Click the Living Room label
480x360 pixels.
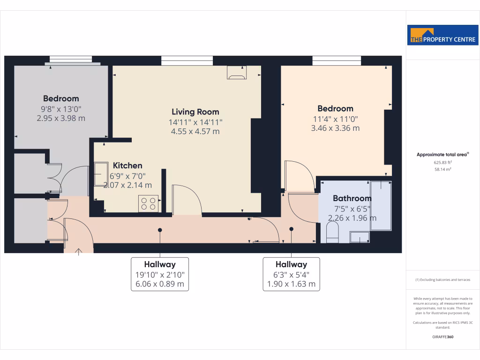(195, 112)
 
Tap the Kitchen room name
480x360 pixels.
(127, 165)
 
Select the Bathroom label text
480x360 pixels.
(352, 198)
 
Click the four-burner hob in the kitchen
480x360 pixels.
(148, 203)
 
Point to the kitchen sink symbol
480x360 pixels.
(100, 174)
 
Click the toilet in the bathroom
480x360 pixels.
(332, 232)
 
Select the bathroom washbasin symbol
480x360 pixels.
(360, 238)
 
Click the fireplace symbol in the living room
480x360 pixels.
(236, 73)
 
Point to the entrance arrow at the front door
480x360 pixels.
(78, 252)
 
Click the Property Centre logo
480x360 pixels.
(442, 35)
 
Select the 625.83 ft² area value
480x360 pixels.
(442, 162)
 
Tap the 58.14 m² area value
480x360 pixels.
(442, 169)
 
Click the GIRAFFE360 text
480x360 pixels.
(442, 337)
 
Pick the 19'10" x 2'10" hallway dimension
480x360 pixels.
(160, 275)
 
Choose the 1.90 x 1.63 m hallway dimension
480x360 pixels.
(291, 284)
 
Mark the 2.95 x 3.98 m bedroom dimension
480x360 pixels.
(61, 118)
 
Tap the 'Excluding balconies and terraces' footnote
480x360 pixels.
(442, 280)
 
